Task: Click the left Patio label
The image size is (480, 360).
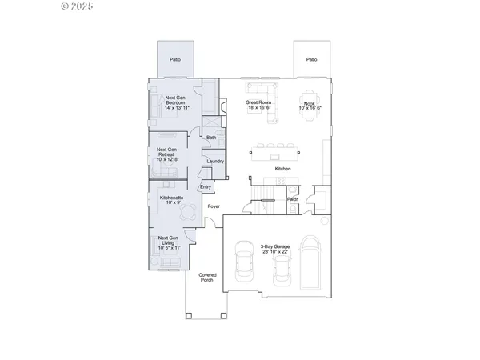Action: [174, 59]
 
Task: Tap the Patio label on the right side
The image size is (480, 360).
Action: [311, 59]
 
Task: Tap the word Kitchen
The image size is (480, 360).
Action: [282, 169]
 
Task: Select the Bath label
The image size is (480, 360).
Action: [211, 138]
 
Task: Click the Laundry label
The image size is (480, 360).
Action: [214, 162]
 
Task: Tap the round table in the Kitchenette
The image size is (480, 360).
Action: [188, 211]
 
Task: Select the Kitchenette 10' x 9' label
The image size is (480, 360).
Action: [172, 200]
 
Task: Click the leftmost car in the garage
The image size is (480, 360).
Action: [243, 268]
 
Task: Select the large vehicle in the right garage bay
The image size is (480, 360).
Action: [310, 263]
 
